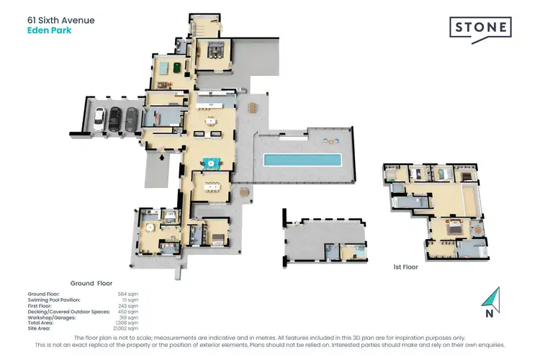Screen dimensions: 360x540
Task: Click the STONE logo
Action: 481,29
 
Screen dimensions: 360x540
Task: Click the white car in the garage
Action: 100,118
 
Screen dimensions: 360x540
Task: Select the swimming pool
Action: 302,158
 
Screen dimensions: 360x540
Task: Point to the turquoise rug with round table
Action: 211,163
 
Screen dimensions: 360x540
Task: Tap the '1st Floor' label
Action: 405,266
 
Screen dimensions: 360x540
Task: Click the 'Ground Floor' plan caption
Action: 91,284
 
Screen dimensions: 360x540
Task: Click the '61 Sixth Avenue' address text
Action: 60,21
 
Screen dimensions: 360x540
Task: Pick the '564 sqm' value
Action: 127,294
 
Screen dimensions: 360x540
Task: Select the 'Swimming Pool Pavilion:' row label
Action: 59,300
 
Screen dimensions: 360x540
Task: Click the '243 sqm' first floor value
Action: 127,306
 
